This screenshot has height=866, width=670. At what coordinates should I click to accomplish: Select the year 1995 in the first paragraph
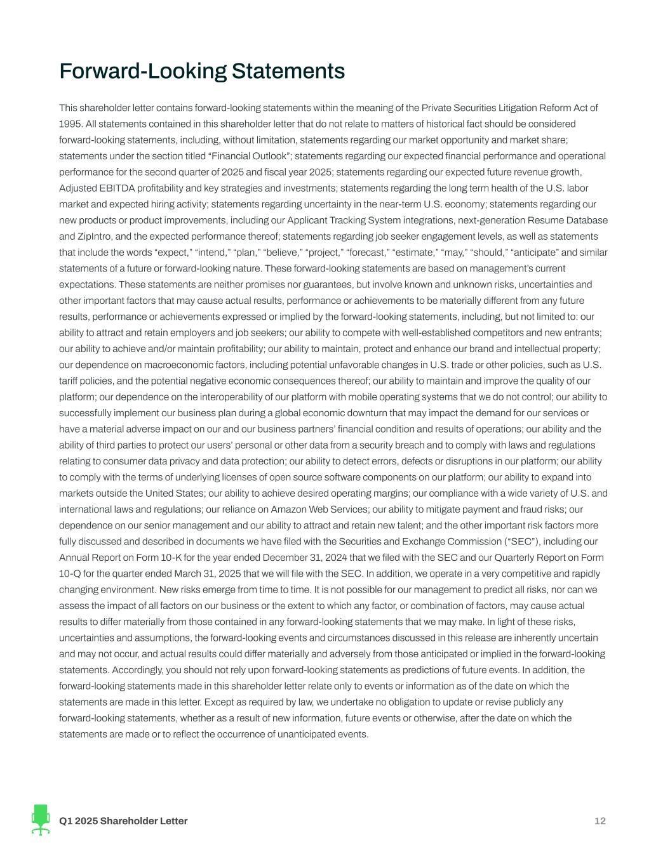[x=69, y=124]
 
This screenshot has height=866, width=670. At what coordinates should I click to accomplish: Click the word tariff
[x=70, y=381]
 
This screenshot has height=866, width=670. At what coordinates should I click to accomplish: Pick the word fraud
[x=531, y=509]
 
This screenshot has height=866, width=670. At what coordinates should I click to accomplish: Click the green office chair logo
[x=41, y=820]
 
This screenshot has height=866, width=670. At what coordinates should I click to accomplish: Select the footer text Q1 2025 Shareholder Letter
[x=123, y=822]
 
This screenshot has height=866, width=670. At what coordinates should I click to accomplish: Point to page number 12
[x=600, y=822]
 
